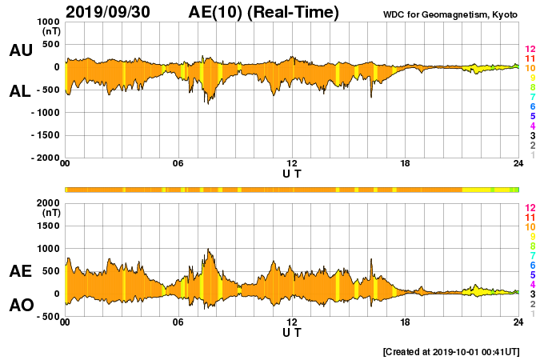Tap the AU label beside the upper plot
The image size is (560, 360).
21,50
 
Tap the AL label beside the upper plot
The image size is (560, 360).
21,91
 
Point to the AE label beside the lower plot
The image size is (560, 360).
21,272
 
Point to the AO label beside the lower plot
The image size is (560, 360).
21,305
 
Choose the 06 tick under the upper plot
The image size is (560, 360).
178,164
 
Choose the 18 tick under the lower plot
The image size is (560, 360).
406,322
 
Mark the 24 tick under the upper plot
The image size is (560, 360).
518,164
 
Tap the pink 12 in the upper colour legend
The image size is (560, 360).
530,50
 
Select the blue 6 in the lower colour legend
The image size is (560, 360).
532,265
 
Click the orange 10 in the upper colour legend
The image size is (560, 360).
530,69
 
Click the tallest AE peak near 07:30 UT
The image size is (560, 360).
209,250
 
